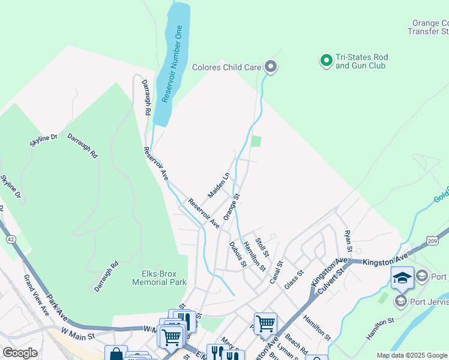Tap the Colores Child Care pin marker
coord(271,67)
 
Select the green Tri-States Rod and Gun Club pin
coord(326,61)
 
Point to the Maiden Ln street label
coord(218,186)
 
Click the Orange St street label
coord(232,206)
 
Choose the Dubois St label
coord(238,254)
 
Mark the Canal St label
coord(276,270)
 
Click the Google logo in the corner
coord(20,353)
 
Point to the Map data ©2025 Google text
coord(411,355)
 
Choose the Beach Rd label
coord(296,343)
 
